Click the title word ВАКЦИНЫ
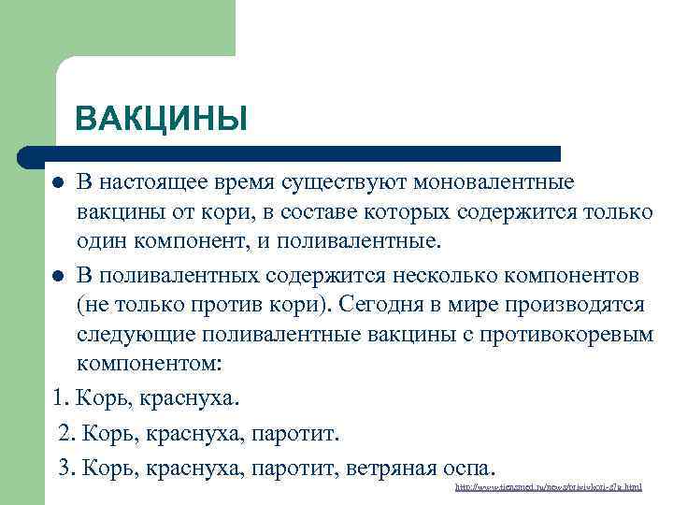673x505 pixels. point(161,119)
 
